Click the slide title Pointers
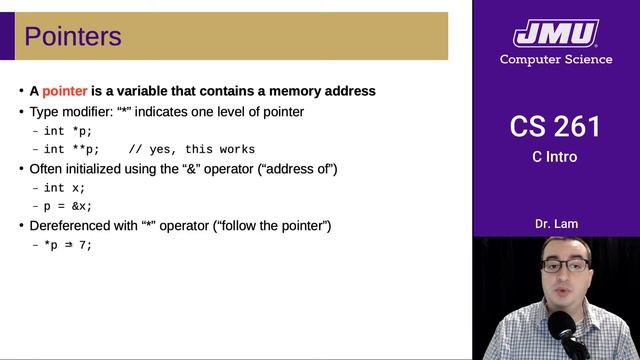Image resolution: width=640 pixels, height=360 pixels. pyautogui.click(x=73, y=38)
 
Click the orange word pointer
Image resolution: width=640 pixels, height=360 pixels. pyautogui.click(x=65, y=91)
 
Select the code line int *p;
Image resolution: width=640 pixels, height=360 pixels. pyautogui.click(x=69, y=131)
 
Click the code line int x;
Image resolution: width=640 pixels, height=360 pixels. pyautogui.click(x=66, y=188)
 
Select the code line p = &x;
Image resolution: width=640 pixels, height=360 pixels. pyautogui.click(x=69, y=206)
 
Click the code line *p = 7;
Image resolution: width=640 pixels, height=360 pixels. pyautogui.click(x=69, y=245)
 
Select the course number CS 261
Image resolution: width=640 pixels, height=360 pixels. pyautogui.click(x=555, y=127)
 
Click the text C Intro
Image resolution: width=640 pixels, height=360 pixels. pyautogui.click(x=555, y=157)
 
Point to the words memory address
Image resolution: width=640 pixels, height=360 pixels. pyautogui.click(x=320, y=91)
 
